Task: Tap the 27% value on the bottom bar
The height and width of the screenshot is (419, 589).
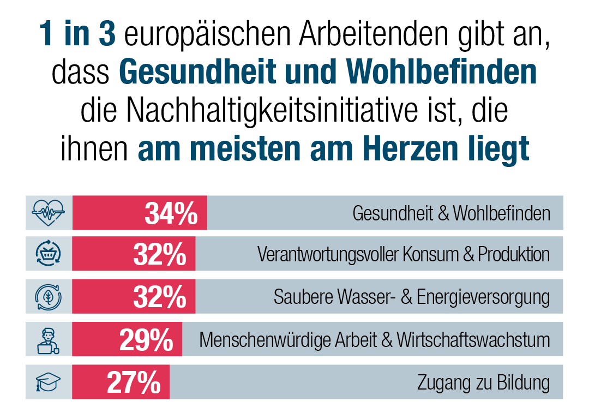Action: point(134,383)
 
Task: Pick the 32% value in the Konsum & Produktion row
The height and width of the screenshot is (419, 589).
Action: point(160,255)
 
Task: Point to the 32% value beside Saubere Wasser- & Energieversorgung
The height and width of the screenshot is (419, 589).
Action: point(160,298)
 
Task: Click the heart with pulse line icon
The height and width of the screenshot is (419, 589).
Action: point(49,213)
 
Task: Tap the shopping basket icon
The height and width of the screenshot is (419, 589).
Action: point(49,254)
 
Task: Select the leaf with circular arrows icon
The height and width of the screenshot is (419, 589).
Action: point(49,297)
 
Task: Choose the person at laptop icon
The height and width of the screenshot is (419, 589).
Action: point(49,340)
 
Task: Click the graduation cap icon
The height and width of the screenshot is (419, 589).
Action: point(49,382)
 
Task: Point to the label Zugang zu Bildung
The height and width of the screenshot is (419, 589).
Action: point(483,383)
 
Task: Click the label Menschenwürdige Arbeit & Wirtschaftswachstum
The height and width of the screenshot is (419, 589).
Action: point(374,340)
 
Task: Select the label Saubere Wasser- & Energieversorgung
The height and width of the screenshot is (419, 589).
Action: point(411,298)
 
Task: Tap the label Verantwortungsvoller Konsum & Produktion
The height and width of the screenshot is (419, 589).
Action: point(403,255)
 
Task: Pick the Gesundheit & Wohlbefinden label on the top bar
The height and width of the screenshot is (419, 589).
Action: point(451,213)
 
